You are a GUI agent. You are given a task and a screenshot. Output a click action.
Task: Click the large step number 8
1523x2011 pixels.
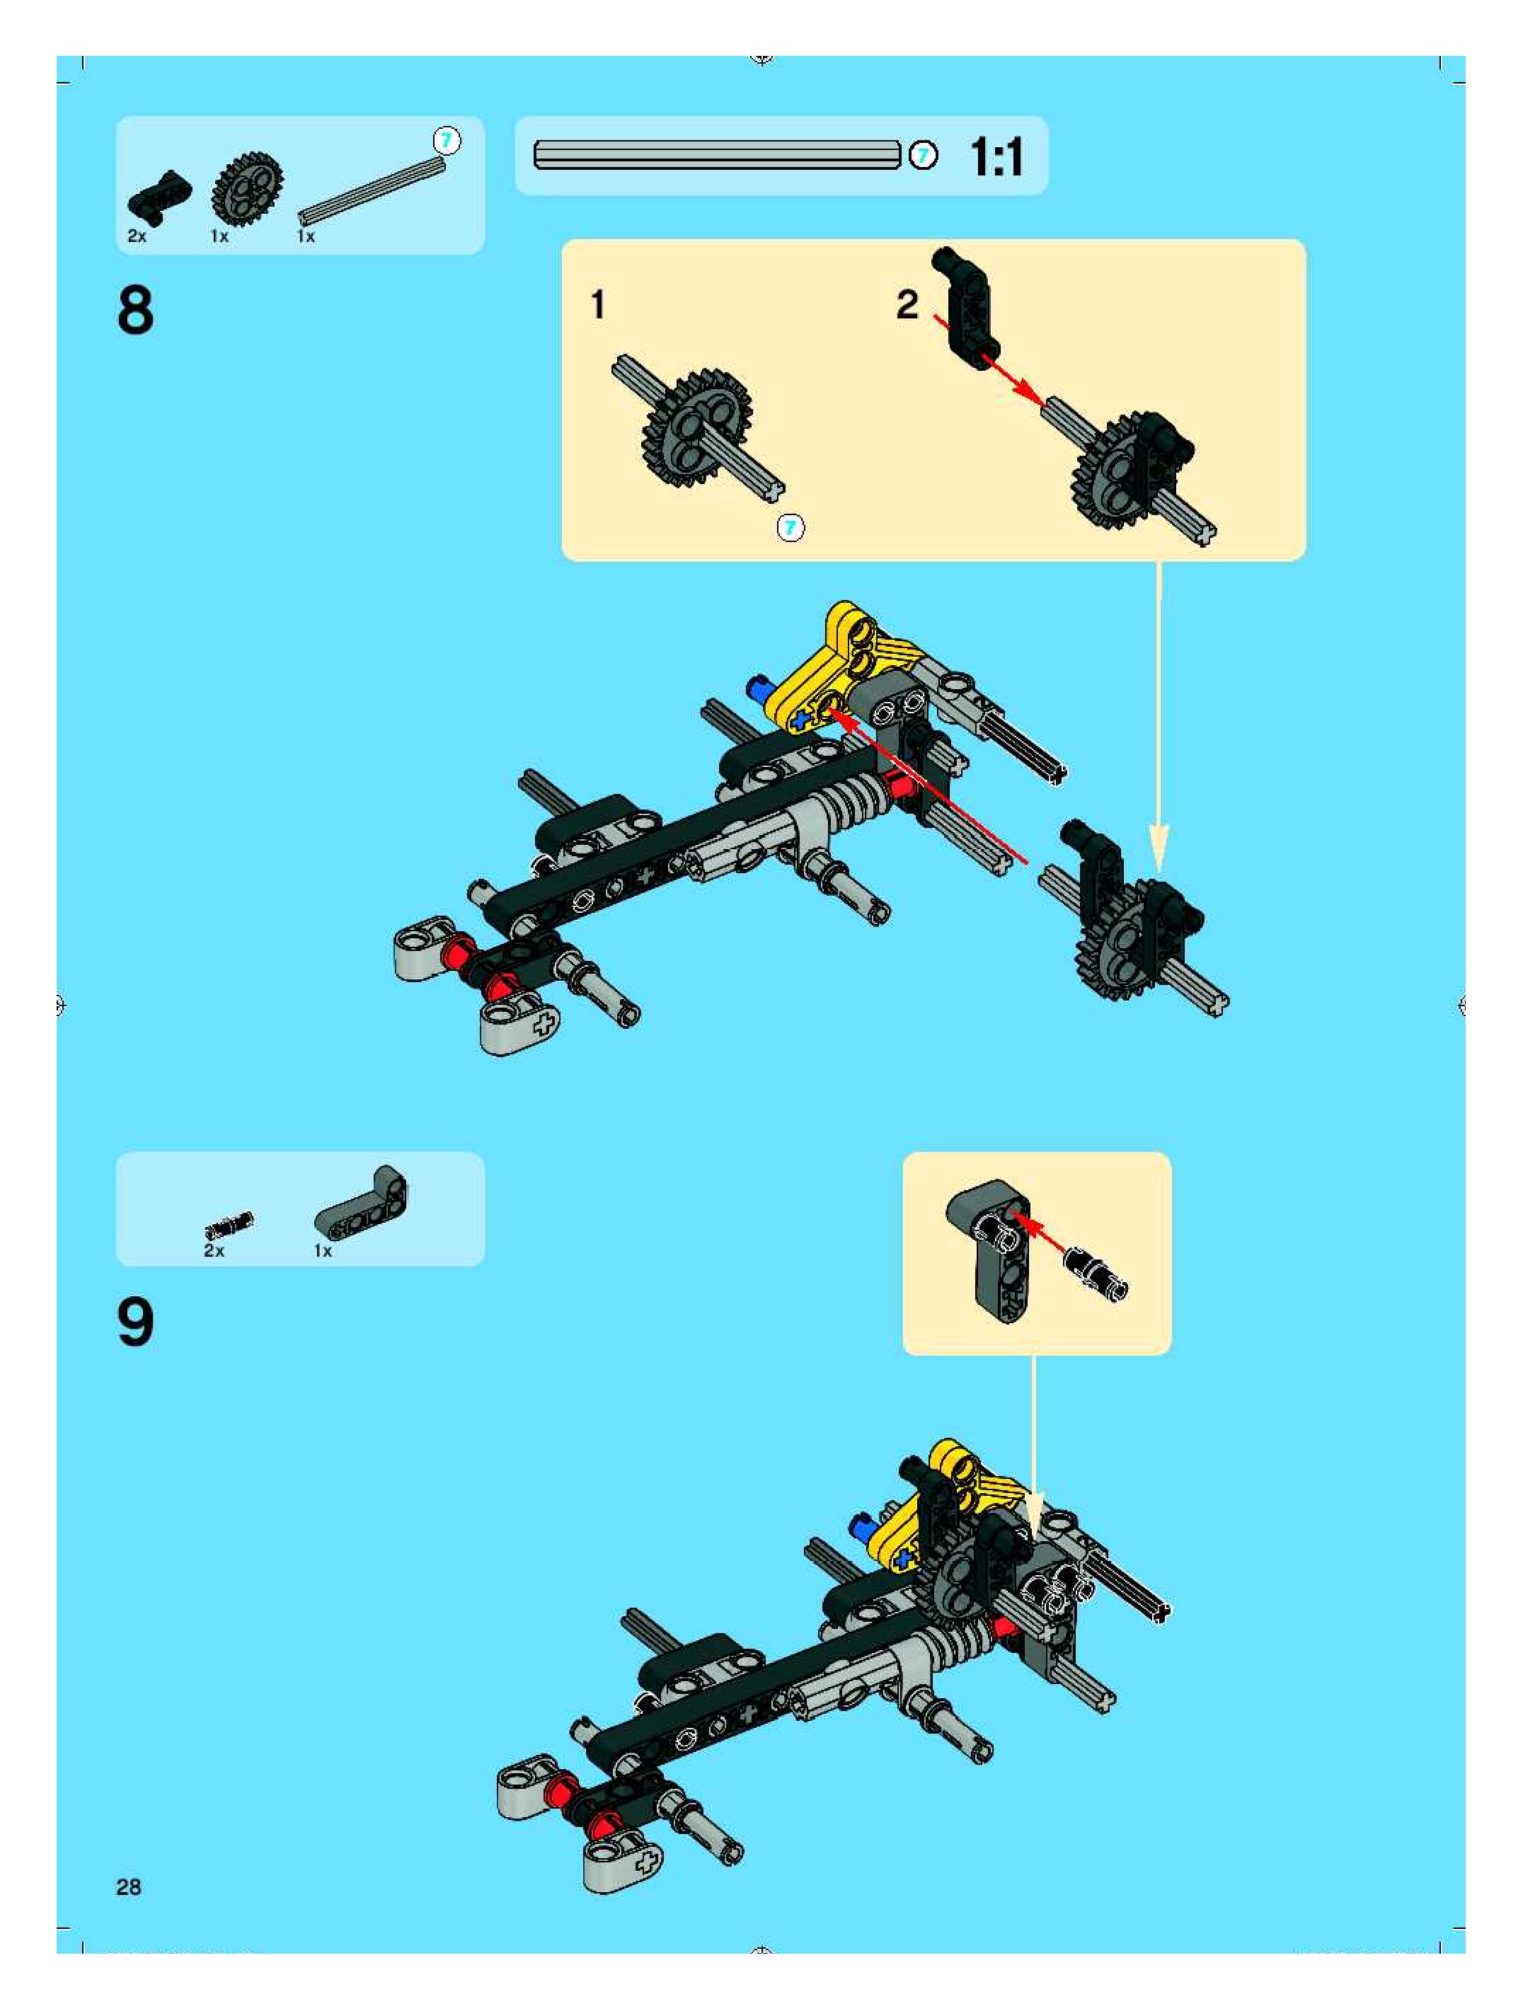click(135, 311)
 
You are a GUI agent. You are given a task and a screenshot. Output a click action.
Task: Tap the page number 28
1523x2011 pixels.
click(128, 1887)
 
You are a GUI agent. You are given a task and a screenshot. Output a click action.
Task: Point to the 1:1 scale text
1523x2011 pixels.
click(996, 156)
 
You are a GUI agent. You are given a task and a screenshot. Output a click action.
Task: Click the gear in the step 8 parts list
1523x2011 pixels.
click(246, 188)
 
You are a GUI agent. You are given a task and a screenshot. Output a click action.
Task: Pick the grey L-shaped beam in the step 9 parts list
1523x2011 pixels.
click(364, 1204)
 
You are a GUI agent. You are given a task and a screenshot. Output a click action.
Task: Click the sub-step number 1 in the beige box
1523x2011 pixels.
click(597, 304)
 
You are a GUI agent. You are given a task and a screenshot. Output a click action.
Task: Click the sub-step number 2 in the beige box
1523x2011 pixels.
click(907, 304)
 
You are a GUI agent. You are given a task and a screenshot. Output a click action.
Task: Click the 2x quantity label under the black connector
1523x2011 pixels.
click(137, 236)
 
